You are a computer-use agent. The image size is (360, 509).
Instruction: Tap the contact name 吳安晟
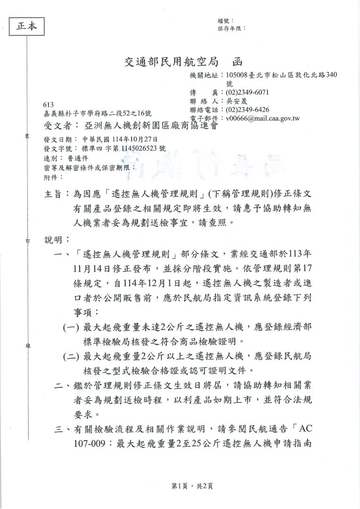pyautogui.click(x=237, y=101)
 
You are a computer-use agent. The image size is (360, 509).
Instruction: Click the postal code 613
pyautogui.click(x=48, y=105)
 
